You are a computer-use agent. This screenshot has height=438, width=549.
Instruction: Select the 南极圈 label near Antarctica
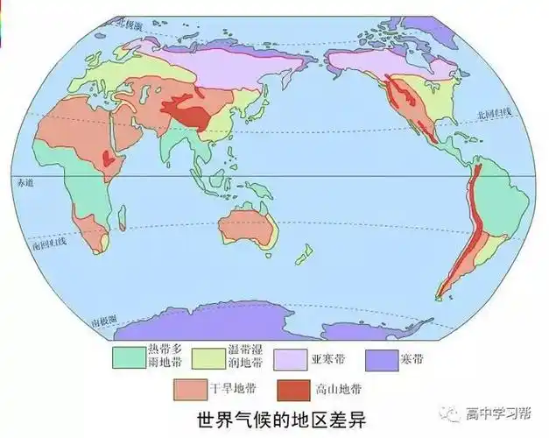point(103,322)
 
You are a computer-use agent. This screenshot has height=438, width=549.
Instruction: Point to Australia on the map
point(246,228)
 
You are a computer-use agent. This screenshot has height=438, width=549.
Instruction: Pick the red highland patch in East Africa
point(109,160)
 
